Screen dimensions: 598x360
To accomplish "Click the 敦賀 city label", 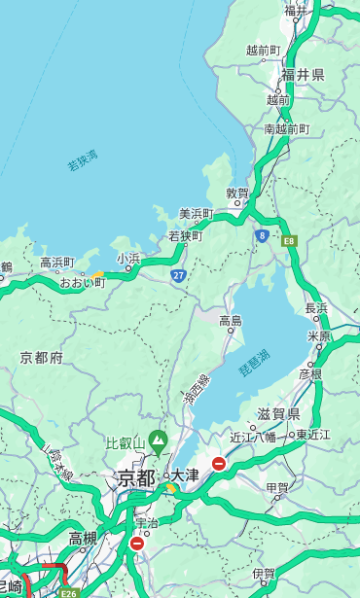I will click(x=237, y=193).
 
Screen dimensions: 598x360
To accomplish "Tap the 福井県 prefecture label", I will click(x=303, y=75).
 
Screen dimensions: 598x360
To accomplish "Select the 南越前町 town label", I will click(x=286, y=128).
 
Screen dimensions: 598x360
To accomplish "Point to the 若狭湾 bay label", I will click(x=83, y=160).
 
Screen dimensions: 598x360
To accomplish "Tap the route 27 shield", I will click(x=178, y=275).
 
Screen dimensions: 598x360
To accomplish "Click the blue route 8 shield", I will click(x=262, y=235).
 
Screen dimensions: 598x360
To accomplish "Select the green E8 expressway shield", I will click(x=288, y=239).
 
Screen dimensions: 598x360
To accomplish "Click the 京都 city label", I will click(x=136, y=477).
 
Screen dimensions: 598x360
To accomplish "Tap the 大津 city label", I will click(x=185, y=475).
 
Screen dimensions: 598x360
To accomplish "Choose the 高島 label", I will click(x=231, y=320).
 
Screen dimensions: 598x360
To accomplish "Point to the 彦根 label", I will click(x=310, y=373).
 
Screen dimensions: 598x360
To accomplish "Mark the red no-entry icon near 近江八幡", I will click(x=219, y=464).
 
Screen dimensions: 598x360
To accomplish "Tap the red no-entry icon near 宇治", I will click(x=136, y=544).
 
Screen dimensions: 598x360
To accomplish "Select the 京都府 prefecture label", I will click(x=42, y=358).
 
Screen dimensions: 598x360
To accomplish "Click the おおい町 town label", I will click(x=82, y=282).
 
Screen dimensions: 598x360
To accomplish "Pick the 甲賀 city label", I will click(x=277, y=486).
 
